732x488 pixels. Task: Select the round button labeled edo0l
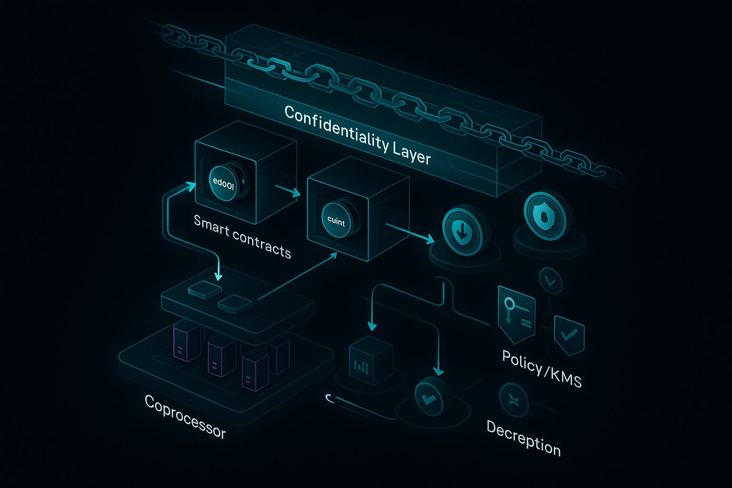pyautogui.click(x=224, y=183)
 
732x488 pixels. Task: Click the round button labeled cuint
pyautogui.click(x=336, y=220)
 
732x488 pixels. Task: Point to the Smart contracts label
pyautogui.click(x=242, y=236)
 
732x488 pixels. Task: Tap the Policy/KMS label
pyautogui.click(x=542, y=368)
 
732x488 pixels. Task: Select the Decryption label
pyautogui.click(x=523, y=437)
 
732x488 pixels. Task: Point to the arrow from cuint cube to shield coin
pyautogui.click(x=410, y=231)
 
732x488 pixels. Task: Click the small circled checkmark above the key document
pyautogui.click(x=550, y=282)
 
